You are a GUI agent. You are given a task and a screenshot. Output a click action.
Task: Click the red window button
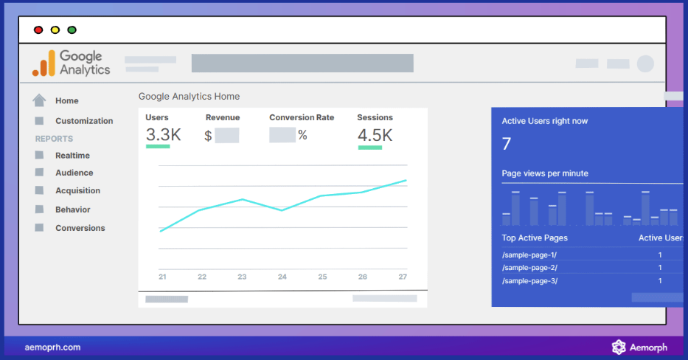click(x=38, y=30)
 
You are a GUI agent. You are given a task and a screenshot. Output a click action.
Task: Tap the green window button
click(x=72, y=30)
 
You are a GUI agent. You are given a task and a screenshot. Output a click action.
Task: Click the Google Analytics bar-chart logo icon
click(x=44, y=63)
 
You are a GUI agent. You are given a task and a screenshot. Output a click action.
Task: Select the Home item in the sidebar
click(x=66, y=101)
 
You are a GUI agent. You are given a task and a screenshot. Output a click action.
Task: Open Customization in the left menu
click(x=84, y=121)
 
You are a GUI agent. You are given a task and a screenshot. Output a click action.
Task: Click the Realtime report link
click(x=72, y=156)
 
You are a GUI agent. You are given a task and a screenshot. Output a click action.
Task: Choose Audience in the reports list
click(x=74, y=173)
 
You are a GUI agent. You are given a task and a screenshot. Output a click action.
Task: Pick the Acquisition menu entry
click(x=77, y=190)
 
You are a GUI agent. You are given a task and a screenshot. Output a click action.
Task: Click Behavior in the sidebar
click(x=72, y=210)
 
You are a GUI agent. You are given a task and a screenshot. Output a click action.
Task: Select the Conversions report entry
click(x=80, y=228)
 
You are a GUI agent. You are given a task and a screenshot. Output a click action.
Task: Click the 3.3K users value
click(x=163, y=135)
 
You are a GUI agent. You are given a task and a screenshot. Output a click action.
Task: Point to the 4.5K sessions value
click(x=375, y=135)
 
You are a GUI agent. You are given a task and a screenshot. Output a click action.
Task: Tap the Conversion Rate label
click(x=301, y=117)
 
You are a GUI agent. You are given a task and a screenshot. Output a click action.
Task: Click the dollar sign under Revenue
click(x=208, y=136)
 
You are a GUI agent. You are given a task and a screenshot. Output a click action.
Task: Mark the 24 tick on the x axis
click(x=282, y=277)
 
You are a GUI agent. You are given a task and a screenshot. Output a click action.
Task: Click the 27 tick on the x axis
click(x=402, y=277)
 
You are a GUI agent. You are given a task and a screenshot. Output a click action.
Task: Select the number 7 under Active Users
click(x=506, y=144)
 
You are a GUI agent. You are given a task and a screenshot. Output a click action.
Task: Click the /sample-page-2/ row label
click(x=529, y=267)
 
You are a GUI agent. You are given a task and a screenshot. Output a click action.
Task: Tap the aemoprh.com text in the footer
click(x=52, y=347)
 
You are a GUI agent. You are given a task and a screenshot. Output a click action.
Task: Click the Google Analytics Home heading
click(x=189, y=97)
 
